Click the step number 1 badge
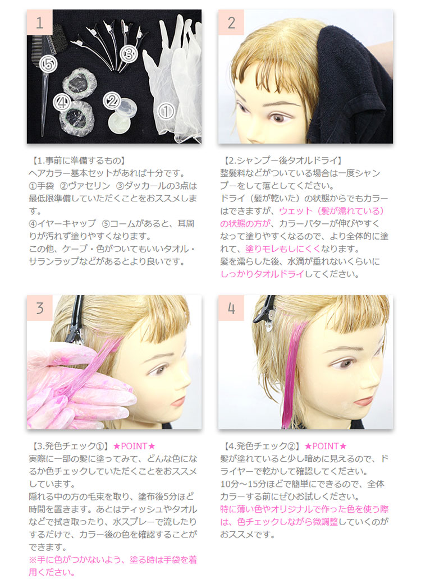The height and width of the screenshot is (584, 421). click(39, 22)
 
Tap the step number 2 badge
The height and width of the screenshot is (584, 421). click(231, 22)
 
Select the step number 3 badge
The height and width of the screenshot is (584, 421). click(39, 309)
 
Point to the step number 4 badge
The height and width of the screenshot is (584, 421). click(231, 309)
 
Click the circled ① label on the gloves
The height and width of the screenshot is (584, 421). click(166, 111)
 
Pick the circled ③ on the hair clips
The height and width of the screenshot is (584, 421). click(128, 54)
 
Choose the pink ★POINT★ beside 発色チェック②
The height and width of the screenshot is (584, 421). click(326, 447)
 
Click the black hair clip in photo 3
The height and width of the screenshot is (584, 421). click(75, 325)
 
